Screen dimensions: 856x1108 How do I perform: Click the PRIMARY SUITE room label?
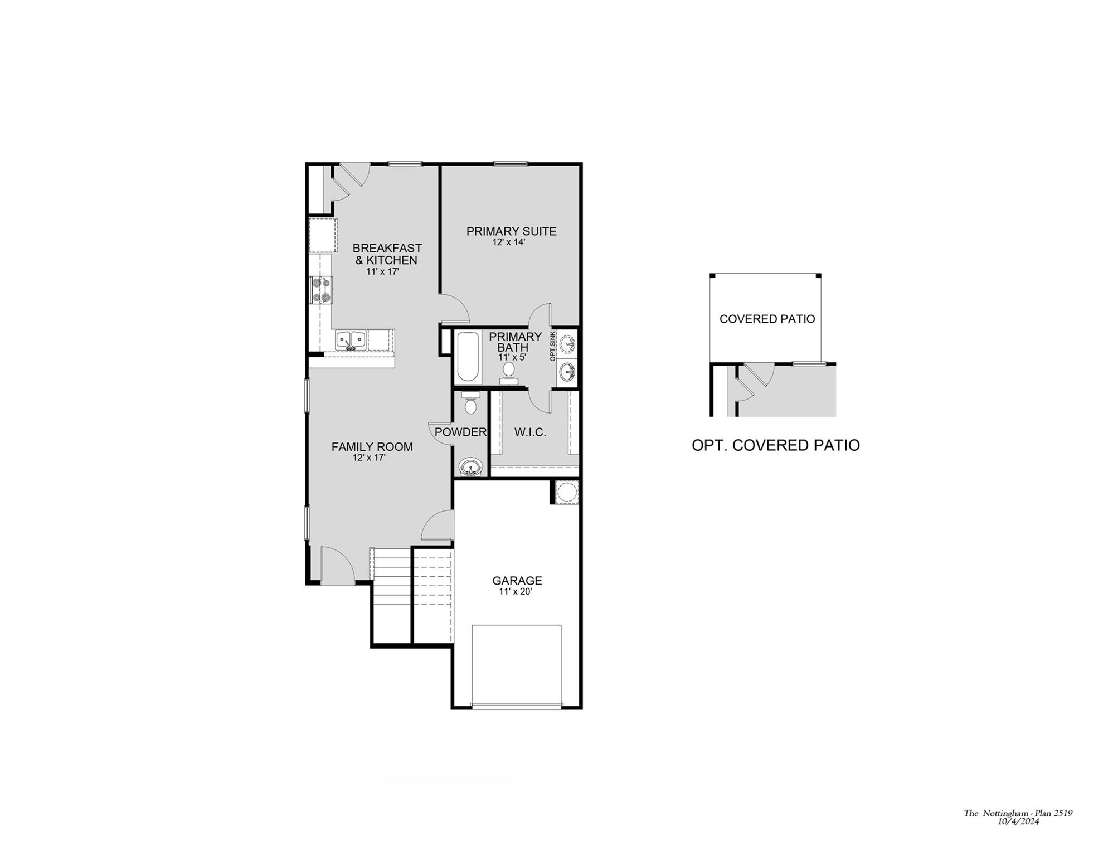click(x=511, y=231)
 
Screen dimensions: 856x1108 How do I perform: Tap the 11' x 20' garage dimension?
click(x=516, y=592)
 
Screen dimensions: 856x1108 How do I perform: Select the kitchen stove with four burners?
click(x=320, y=290)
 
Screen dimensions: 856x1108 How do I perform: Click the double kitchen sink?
click(x=351, y=339)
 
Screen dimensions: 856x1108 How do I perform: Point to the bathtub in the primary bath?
click(x=468, y=357)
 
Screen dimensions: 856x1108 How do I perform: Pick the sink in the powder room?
click(x=470, y=466)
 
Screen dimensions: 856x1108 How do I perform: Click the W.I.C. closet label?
click(x=530, y=432)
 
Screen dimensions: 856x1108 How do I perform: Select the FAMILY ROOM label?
click(x=372, y=447)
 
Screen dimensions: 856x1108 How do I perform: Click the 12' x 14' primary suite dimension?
click(x=509, y=242)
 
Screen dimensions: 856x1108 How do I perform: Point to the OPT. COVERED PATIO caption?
click(x=775, y=445)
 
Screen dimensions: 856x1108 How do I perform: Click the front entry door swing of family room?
click(x=336, y=564)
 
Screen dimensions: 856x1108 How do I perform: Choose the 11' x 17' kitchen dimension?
click(x=382, y=272)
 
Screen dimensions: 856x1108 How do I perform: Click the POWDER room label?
click(x=460, y=432)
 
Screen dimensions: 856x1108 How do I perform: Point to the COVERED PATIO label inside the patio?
click(x=767, y=319)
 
